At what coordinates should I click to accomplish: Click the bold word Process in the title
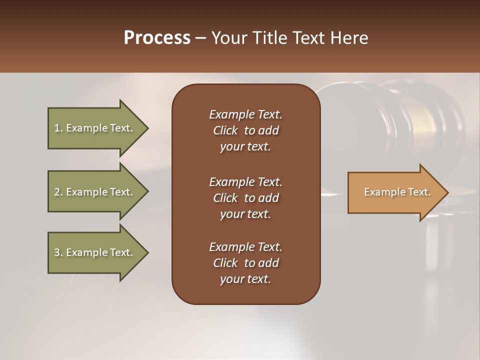click(157, 38)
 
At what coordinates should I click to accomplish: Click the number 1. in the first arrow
click(58, 128)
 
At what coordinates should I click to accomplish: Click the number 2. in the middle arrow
click(58, 192)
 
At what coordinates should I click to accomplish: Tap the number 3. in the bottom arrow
click(58, 252)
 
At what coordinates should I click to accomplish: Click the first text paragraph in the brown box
click(245, 130)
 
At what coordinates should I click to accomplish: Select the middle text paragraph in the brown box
click(245, 198)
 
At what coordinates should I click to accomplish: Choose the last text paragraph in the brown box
click(245, 263)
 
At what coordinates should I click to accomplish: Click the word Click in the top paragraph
click(225, 130)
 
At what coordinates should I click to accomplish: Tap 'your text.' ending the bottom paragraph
click(245, 279)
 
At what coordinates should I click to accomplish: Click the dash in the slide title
click(200, 38)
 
